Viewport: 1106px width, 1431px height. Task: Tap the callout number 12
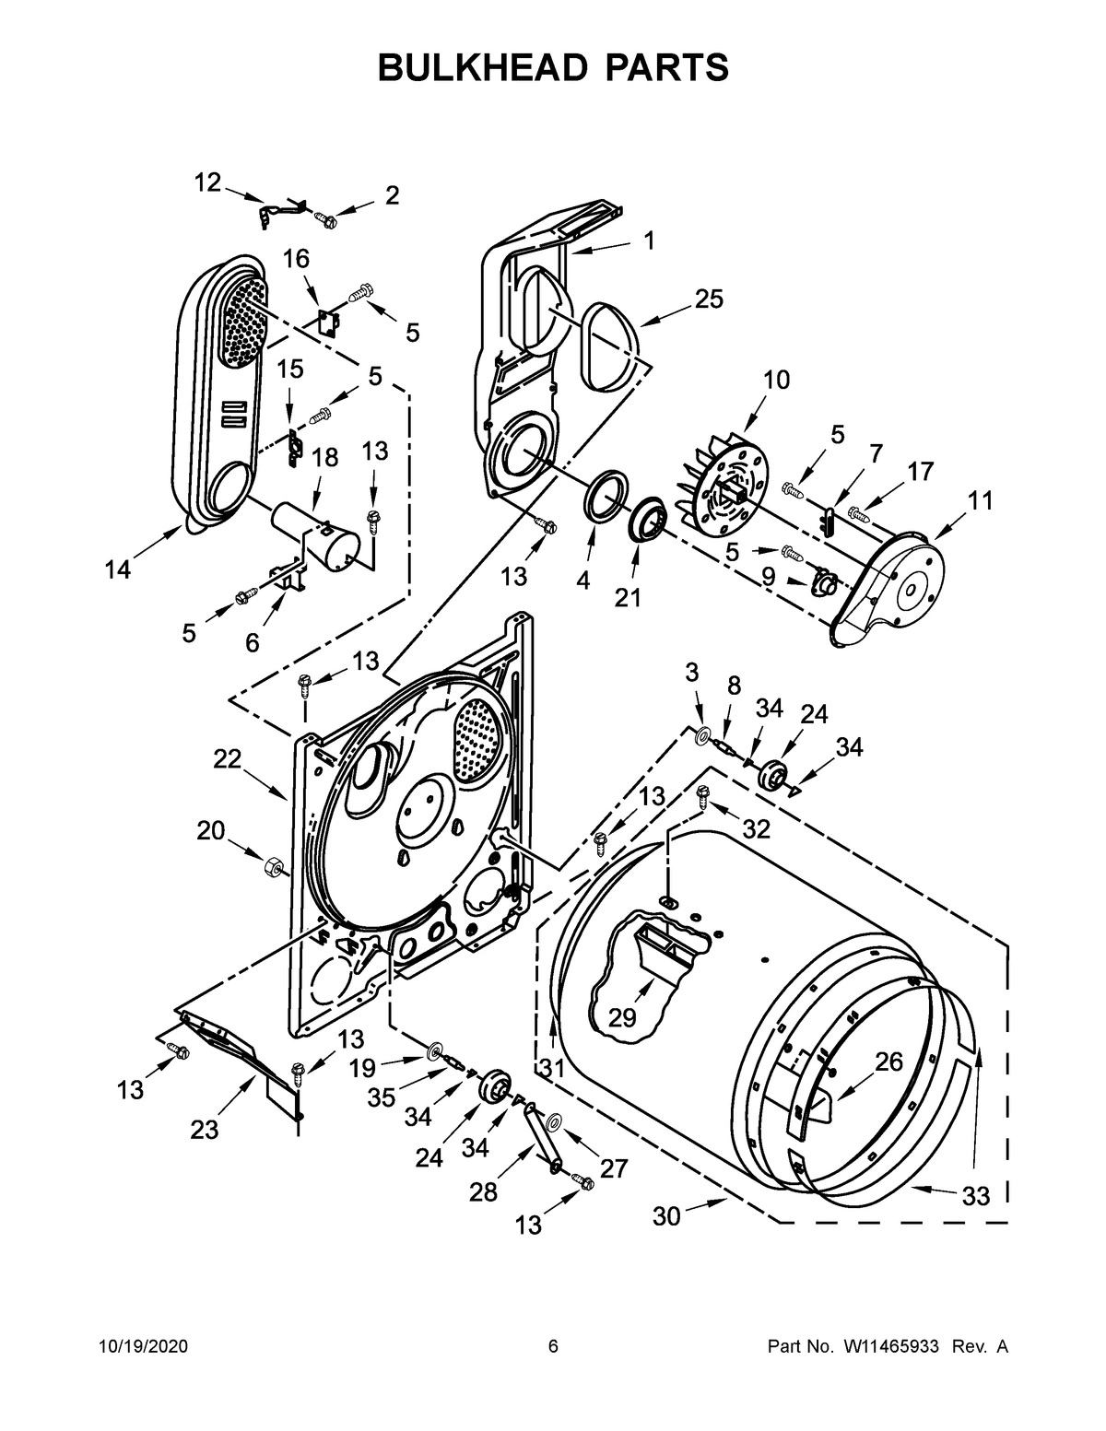coord(207,182)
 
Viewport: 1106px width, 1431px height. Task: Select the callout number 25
coord(708,299)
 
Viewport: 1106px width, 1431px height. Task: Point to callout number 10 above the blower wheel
coord(776,380)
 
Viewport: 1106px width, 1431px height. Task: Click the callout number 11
coord(981,501)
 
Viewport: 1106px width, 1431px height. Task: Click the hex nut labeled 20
coord(273,866)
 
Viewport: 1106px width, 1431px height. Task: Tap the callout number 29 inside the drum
coord(623,1017)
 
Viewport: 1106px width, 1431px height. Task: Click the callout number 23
coord(205,1130)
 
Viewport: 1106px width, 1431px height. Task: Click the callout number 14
coord(117,570)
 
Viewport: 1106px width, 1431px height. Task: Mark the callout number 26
coord(888,1062)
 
